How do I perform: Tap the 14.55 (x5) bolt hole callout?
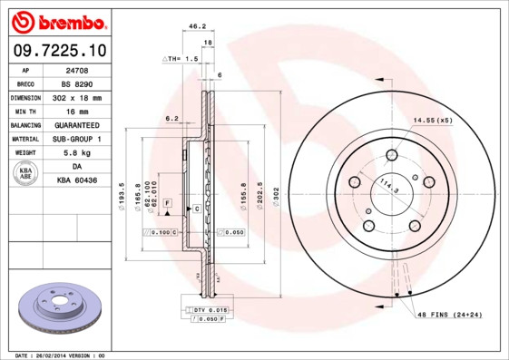[x=433, y=120]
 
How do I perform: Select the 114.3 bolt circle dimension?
[x=388, y=188]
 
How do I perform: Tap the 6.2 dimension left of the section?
[x=170, y=119]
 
